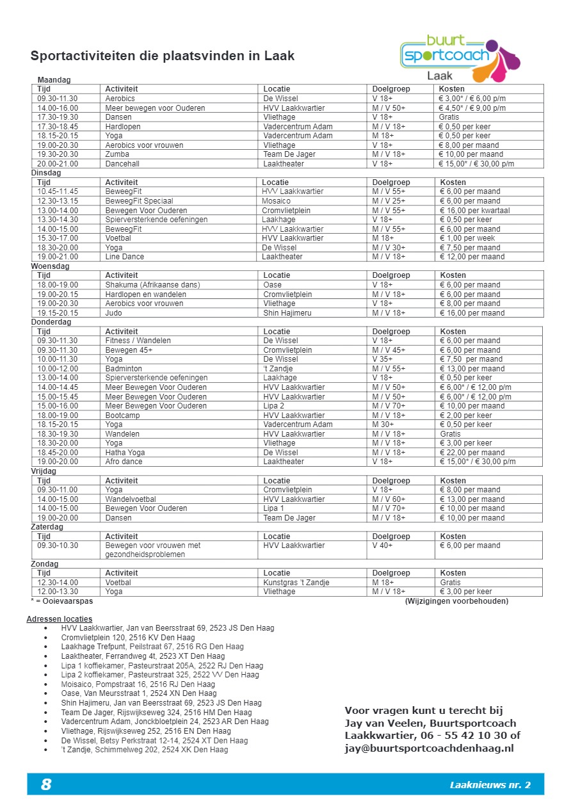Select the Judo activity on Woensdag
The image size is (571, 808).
pos(114,313)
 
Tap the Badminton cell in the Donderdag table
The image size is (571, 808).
pos(124,369)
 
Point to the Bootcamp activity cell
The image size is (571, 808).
pos(121,416)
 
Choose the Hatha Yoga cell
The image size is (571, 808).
pos(125,453)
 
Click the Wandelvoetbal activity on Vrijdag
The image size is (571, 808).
pos(131,499)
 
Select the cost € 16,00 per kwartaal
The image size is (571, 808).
pos(474,211)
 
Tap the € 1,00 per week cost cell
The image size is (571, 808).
pos(467,238)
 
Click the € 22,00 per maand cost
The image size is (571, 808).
pos(472,453)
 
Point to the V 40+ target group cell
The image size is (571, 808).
pos(382,545)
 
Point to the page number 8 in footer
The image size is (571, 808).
pos(46,784)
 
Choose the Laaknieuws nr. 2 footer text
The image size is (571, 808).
pos(490,785)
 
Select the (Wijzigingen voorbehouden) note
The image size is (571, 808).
pos(456,601)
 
